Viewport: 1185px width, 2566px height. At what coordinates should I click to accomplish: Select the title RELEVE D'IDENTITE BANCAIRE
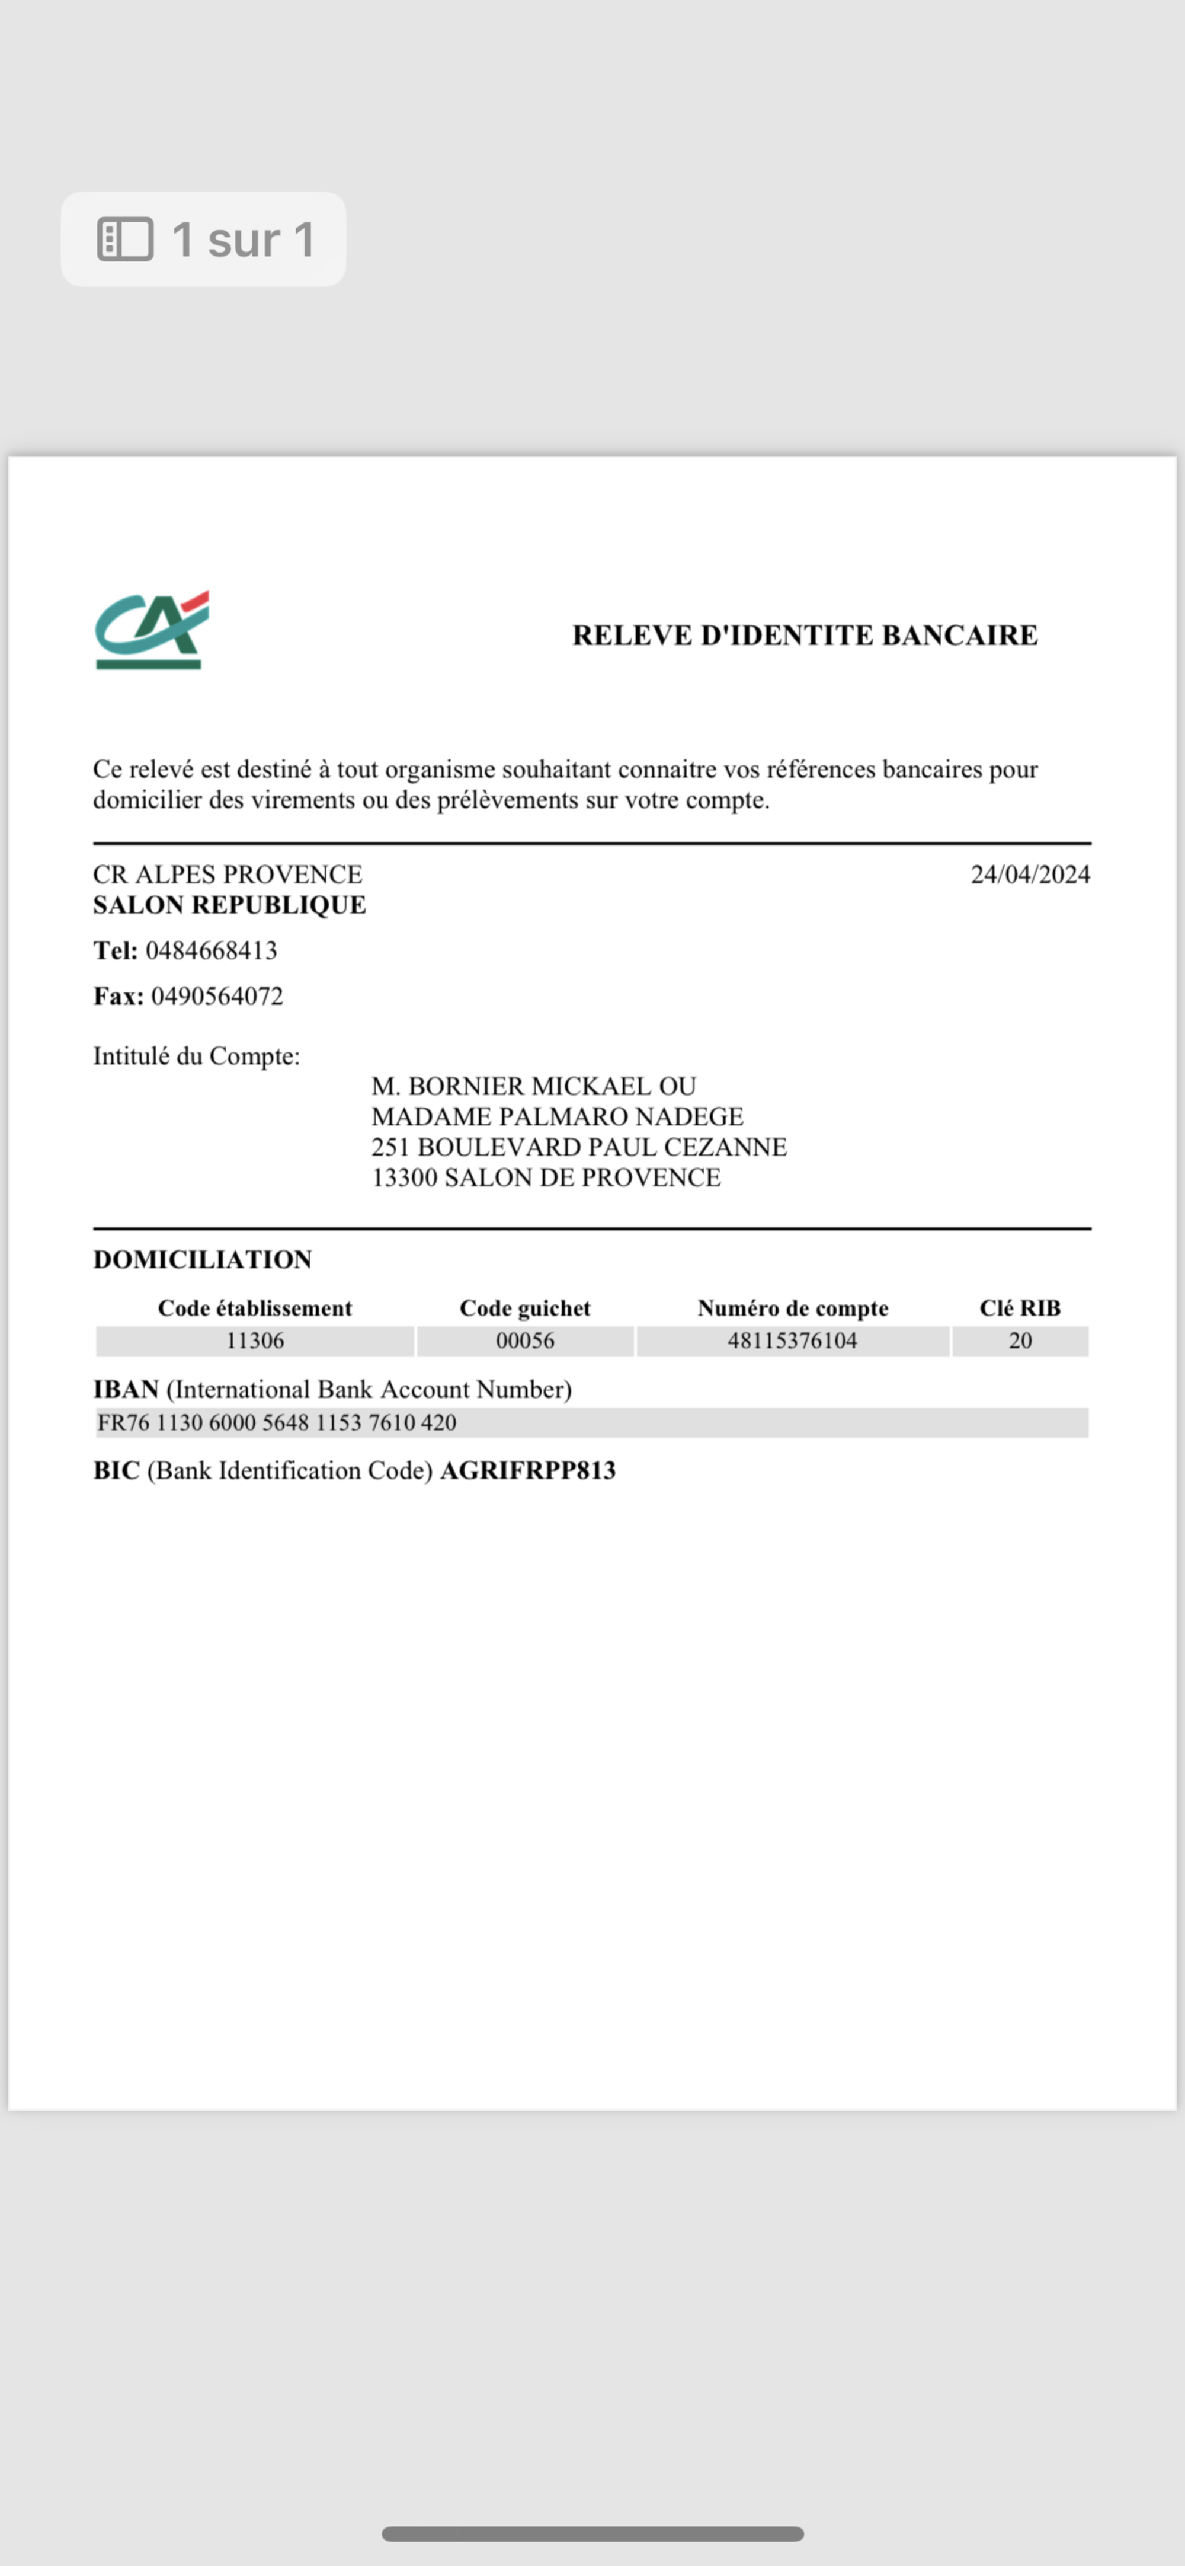805,636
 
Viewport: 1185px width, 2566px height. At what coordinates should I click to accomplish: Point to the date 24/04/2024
1030,875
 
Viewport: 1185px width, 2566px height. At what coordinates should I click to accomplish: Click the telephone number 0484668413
211,950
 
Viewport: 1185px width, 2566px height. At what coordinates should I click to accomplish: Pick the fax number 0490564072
217,996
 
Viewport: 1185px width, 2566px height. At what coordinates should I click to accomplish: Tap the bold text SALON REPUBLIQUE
229,905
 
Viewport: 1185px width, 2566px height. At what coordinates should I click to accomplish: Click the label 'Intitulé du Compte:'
196,1056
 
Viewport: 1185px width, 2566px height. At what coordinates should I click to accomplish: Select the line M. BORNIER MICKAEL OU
534,1086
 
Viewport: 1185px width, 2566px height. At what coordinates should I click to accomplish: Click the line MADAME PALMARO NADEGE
556,1116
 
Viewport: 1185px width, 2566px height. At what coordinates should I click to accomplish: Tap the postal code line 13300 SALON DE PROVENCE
546,1177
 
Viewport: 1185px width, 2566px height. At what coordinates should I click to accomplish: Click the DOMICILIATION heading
202,1259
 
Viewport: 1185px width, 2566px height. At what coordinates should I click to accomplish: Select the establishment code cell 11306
255,1341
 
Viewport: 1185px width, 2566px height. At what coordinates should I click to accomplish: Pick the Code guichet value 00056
525,1341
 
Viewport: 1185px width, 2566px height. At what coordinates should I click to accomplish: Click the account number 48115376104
792,1341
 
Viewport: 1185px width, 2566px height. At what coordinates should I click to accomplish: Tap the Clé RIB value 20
1020,1341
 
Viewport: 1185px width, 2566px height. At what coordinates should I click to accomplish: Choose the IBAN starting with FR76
277,1422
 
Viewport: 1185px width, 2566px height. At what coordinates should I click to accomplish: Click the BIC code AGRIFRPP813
528,1470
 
